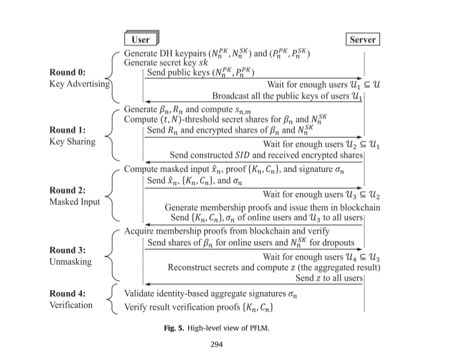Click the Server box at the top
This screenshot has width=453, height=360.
point(363,39)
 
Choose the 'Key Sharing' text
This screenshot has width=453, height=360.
point(72,142)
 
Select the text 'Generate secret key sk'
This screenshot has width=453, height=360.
point(171,63)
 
